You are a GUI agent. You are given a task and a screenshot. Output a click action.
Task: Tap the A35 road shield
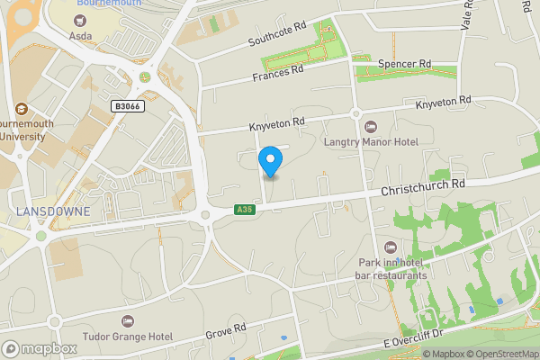pos(243,210)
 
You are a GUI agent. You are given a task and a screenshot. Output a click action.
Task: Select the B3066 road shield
pos(126,106)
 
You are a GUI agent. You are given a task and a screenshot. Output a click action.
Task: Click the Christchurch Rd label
pos(421,187)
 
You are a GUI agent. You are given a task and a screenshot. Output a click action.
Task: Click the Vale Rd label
pos(466,15)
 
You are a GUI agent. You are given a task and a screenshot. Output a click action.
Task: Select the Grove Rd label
pos(227,331)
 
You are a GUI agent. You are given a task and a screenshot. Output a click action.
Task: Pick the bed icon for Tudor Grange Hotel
pos(127,321)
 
